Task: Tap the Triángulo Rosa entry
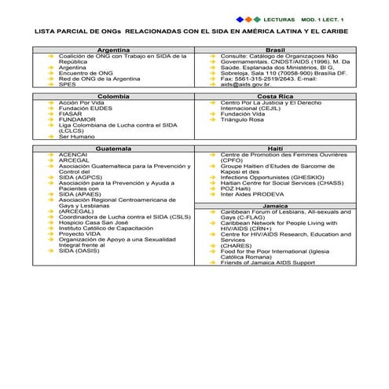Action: pyautogui.click(x=242, y=119)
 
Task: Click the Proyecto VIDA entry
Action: pyautogui.click(x=79, y=233)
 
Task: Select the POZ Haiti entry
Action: pyautogui.click(x=236, y=189)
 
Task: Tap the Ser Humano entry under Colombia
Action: pyautogui.click(x=76, y=137)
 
